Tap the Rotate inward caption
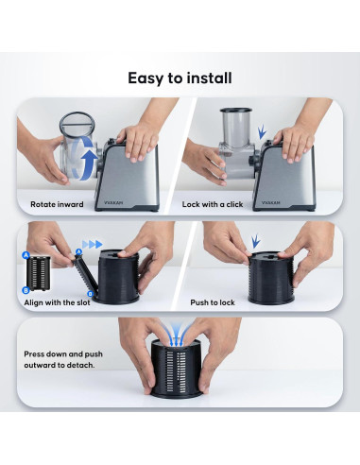(57, 204)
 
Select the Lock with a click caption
(213, 204)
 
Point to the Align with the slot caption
(57, 302)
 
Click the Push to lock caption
(213, 302)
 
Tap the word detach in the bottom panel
(81, 365)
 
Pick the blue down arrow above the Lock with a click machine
(262, 133)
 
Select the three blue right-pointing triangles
(93, 244)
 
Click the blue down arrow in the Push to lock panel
(256, 241)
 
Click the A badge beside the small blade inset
(26, 255)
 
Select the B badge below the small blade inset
(26, 290)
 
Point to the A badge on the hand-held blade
(78, 251)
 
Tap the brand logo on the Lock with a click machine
(271, 202)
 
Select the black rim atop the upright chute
(236, 111)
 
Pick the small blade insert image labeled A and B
(38, 273)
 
